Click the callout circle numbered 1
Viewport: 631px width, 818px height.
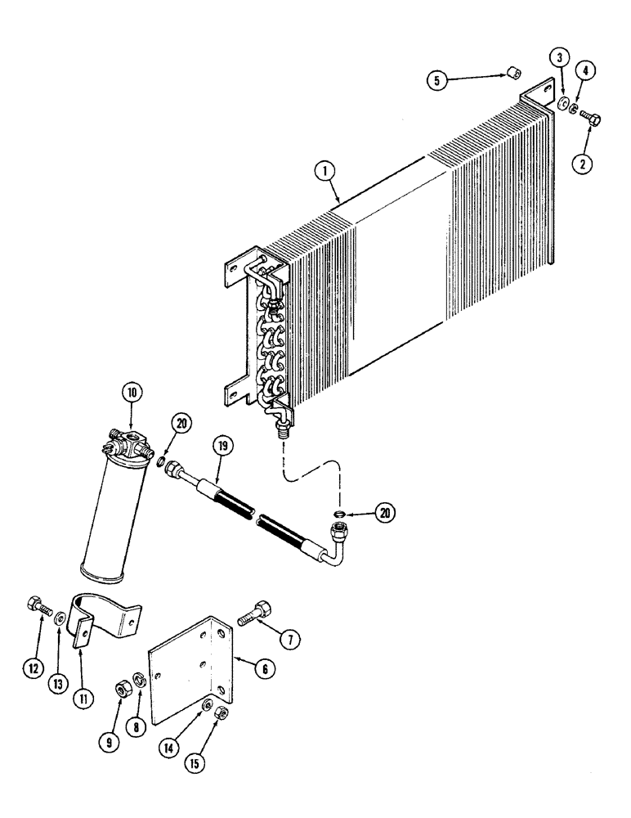[x=326, y=171]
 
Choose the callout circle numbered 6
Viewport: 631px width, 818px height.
[x=262, y=668]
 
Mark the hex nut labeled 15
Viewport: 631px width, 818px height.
[x=220, y=714]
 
